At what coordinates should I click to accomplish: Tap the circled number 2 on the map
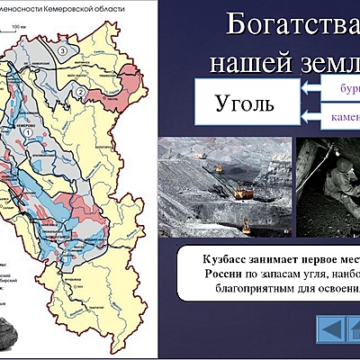pyautogui.click(x=80, y=93)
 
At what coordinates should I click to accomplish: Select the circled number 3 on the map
pyautogui.click(x=62, y=51)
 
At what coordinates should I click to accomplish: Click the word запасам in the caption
pyautogui.click(x=278, y=273)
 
